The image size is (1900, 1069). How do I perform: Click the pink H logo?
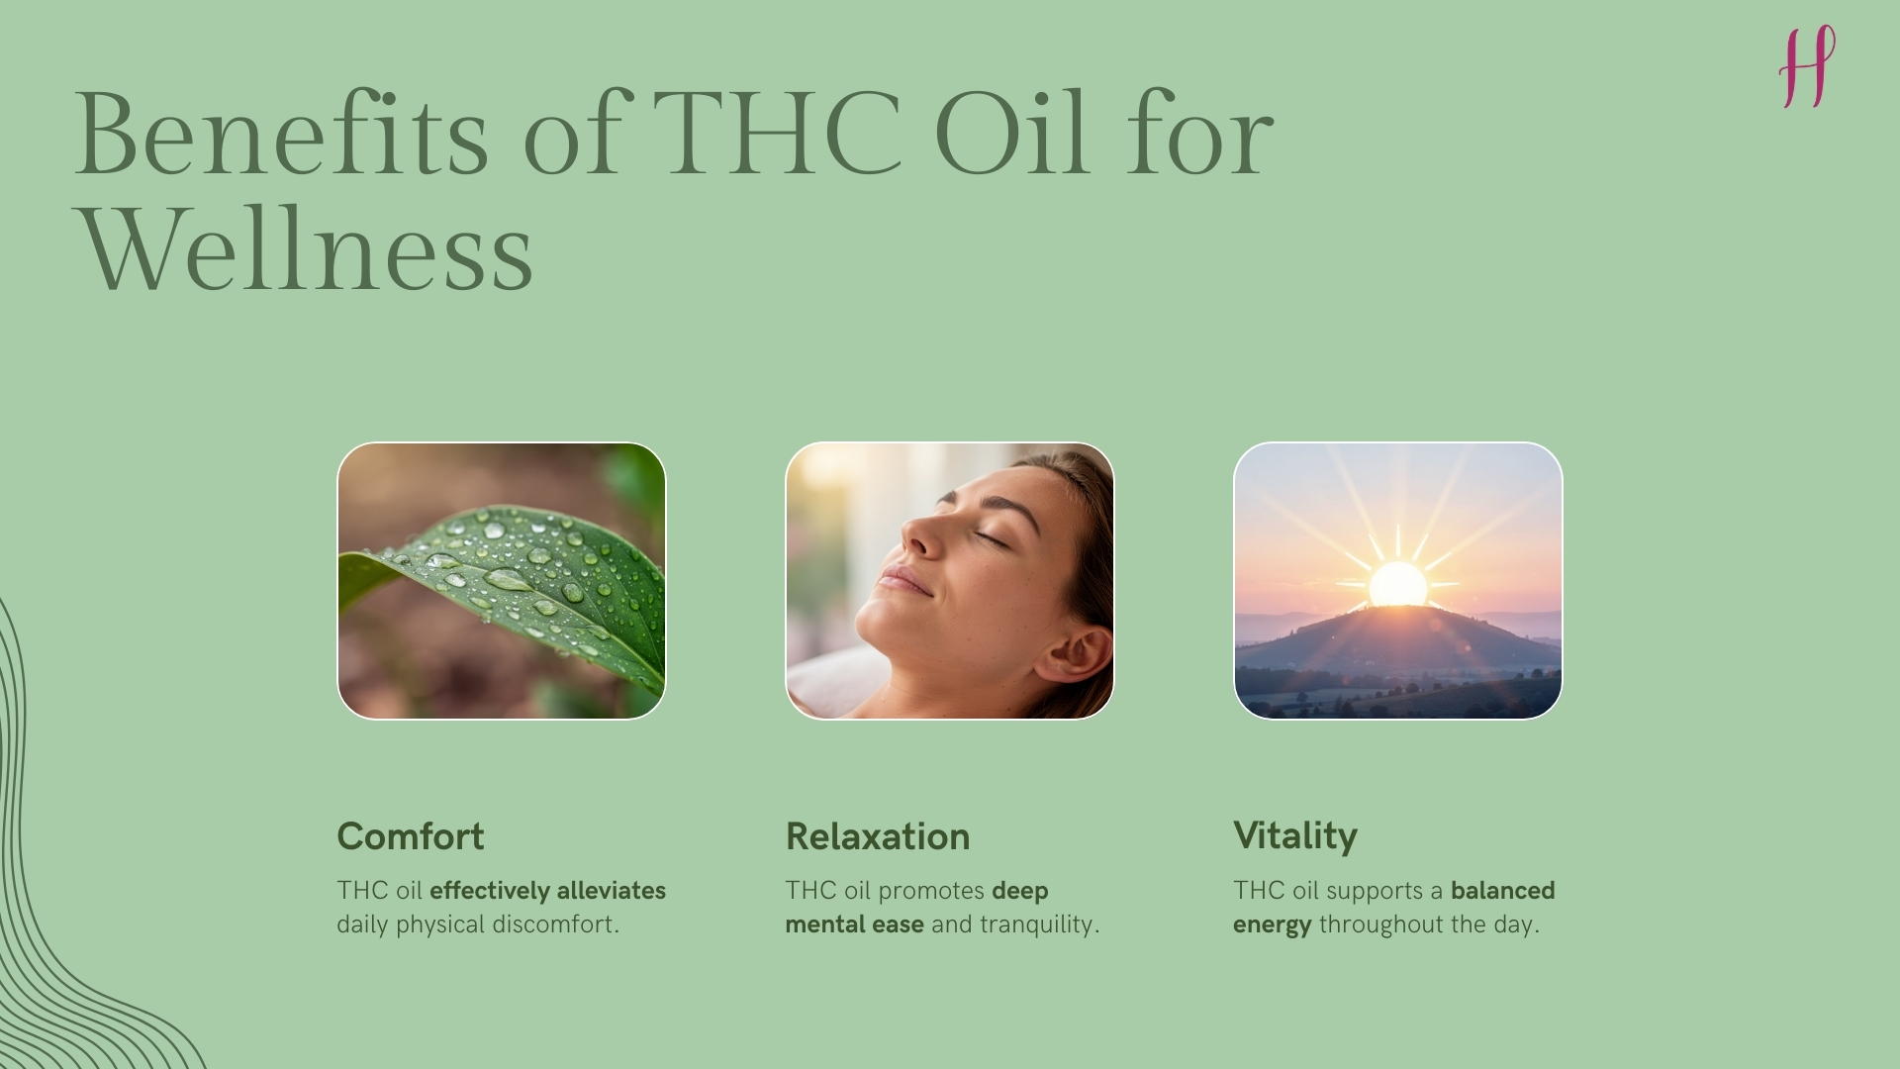[1807, 67]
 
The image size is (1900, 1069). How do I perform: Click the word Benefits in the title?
[281, 135]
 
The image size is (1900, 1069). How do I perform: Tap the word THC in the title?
[778, 135]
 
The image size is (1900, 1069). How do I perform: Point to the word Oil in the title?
[1009, 135]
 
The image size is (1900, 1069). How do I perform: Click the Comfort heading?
[411, 836]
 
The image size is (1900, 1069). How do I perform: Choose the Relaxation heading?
[878, 836]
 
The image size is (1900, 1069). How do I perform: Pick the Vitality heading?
[1295, 836]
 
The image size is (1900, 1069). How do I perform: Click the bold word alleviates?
[611, 891]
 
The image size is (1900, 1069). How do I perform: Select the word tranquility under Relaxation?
[1039, 924]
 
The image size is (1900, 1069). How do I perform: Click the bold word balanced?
[1503, 891]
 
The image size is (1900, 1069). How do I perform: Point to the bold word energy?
[1272, 924]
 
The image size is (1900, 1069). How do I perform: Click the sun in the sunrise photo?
[1397, 584]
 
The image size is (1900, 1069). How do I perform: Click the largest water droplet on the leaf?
[508, 579]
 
